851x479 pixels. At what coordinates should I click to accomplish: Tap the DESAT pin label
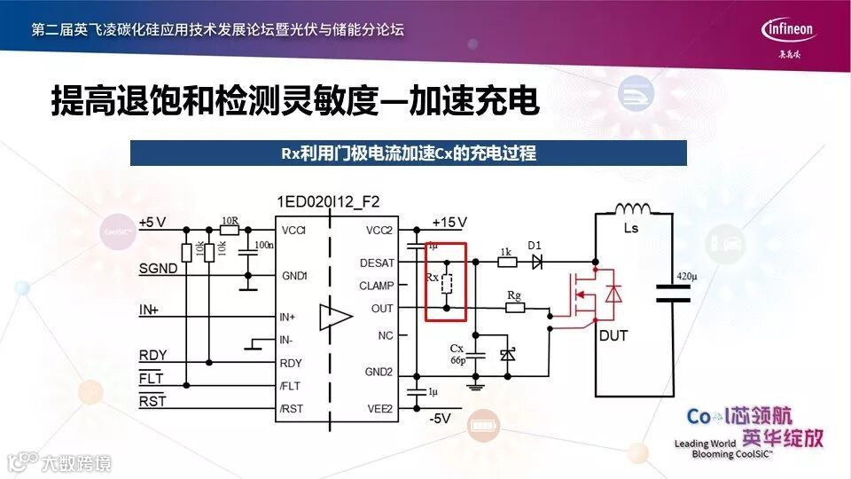(377, 263)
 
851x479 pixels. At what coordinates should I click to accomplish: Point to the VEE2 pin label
(379, 408)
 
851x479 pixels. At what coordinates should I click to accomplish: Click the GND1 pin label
(294, 276)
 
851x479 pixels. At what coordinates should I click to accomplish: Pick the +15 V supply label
(449, 222)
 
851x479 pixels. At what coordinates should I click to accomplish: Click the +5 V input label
(152, 222)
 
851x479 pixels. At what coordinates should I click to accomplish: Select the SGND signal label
(158, 268)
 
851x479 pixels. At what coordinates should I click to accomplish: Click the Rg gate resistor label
(513, 294)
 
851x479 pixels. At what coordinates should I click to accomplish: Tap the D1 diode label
(535, 245)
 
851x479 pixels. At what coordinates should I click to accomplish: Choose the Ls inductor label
(631, 228)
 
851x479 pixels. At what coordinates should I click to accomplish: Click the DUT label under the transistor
(613, 335)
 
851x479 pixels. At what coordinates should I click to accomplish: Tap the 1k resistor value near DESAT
(505, 251)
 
